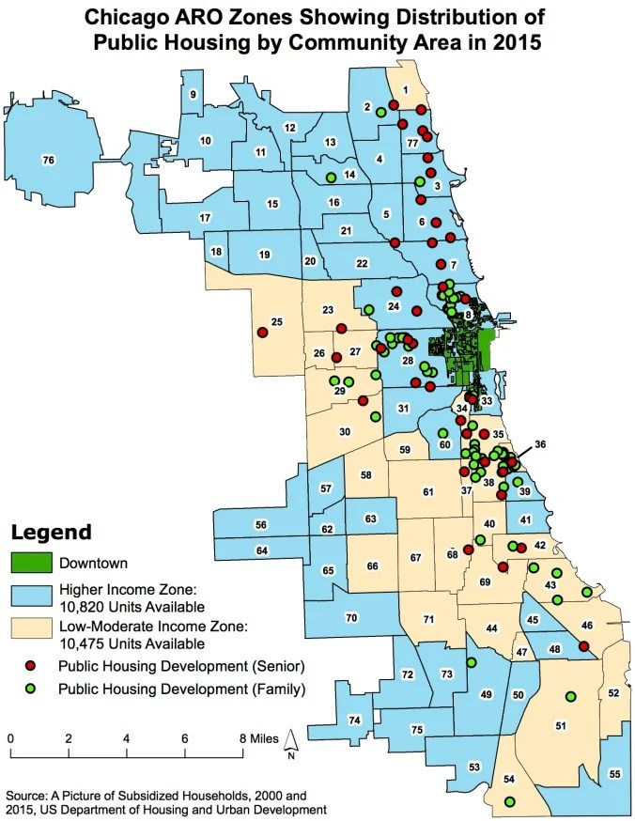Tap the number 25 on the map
pos(277,323)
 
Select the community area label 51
pos(561,725)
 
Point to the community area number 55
pos(614,773)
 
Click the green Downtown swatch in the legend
pos(30,564)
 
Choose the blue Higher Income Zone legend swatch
pos(30,596)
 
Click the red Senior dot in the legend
pos(30,666)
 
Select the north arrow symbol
pos(292,742)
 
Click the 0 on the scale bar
pos(10,738)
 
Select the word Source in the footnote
pos(29,795)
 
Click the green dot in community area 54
pos(509,801)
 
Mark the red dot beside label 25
pos(260,331)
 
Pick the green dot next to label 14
pos(331,178)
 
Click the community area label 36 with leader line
pos(539,444)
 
